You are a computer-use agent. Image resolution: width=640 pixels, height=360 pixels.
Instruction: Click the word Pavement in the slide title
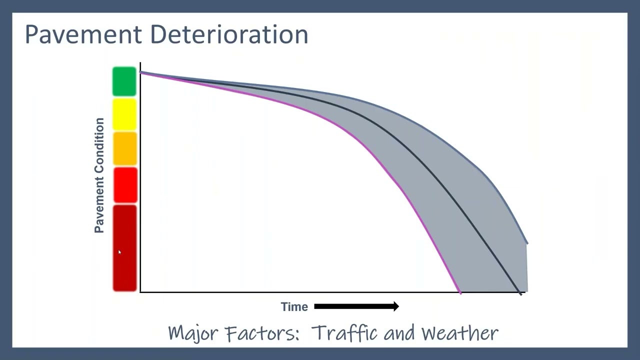[83, 34]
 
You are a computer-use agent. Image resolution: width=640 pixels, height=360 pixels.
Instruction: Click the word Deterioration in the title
[228, 34]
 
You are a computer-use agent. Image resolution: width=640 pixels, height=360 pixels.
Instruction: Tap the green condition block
[124, 81]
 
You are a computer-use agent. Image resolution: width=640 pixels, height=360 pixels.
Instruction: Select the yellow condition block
[124, 114]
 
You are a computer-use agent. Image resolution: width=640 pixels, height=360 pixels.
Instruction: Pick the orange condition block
[124, 148]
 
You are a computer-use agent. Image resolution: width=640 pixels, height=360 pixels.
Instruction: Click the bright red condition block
[124, 185]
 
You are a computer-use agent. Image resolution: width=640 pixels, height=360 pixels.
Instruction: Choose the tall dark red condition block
[124, 248]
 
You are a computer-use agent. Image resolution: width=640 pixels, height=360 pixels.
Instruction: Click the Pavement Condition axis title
[99, 175]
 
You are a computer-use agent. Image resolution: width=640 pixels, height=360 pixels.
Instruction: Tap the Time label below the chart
[294, 307]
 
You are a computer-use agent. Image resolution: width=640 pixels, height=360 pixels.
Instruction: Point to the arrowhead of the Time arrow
[396, 306]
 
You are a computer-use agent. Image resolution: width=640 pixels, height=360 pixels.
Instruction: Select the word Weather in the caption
[460, 333]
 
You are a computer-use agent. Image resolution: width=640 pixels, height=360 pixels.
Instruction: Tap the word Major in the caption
[193, 333]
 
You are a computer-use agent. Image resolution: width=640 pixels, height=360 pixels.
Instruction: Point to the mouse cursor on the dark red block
[119, 252]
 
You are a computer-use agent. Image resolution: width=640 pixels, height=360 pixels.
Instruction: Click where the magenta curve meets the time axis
[459, 292]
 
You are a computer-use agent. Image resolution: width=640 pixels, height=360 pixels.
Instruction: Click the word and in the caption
[399, 333]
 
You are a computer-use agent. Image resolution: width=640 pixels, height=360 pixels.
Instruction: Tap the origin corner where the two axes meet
[140, 292]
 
